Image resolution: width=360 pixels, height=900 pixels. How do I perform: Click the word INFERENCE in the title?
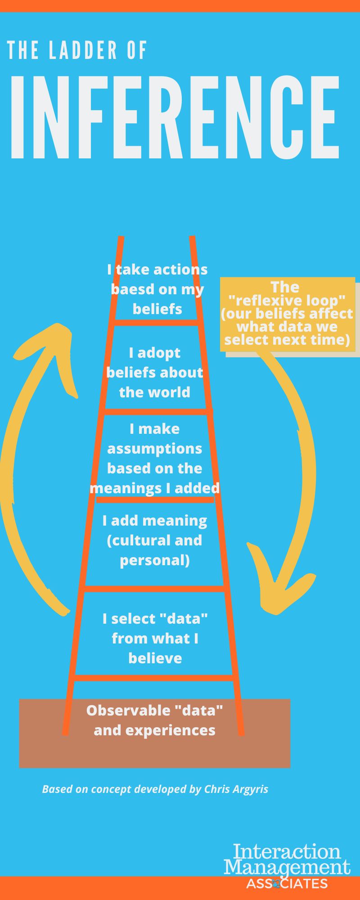(x=175, y=117)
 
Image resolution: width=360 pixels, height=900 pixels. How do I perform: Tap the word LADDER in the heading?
(x=83, y=50)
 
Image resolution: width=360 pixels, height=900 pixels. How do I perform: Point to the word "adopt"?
(x=159, y=353)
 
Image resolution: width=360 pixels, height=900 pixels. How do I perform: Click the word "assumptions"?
(x=154, y=449)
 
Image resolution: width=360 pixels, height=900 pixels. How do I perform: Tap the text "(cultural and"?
(x=154, y=540)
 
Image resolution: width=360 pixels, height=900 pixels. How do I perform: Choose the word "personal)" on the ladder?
(x=154, y=560)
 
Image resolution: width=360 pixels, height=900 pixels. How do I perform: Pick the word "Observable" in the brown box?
(x=128, y=710)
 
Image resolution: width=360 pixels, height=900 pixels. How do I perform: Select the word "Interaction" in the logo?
(x=287, y=852)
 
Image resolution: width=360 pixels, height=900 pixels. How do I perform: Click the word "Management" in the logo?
(x=287, y=867)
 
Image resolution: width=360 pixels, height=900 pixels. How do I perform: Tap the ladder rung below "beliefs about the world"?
(x=155, y=412)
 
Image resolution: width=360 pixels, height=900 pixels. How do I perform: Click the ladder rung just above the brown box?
(x=154, y=678)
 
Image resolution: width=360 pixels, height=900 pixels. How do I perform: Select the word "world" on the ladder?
(x=173, y=392)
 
